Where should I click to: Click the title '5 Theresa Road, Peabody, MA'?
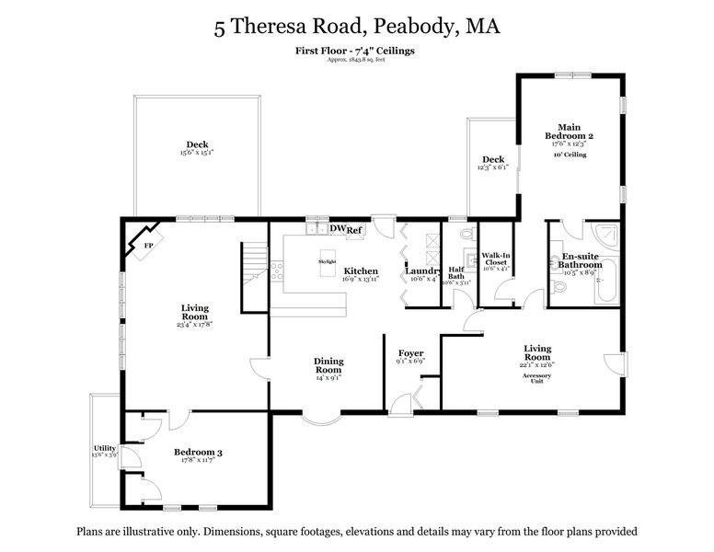pos(357,26)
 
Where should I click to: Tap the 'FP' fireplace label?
pos(147,246)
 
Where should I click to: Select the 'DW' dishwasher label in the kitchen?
pos(337,228)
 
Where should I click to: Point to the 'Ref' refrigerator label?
pos(355,230)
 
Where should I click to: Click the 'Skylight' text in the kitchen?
pos(327,261)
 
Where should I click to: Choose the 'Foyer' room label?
pos(410,353)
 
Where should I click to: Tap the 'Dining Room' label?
pos(329,366)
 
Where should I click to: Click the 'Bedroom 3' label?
pos(198,453)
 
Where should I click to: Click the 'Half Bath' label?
pos(456,271)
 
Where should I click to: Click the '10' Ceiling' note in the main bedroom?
pos(570,155)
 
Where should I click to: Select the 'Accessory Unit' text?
pos(537,377)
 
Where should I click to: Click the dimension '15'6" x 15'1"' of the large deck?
pos(197,153)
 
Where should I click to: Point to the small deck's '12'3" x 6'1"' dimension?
pos(492,167)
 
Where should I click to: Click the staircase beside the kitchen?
pos(255,265)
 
